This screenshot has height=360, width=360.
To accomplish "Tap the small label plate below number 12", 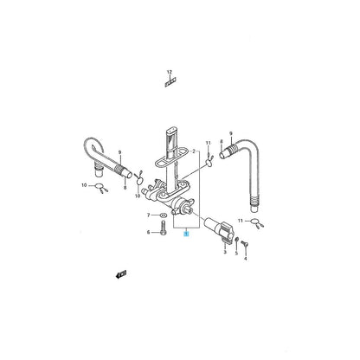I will pos(170,85).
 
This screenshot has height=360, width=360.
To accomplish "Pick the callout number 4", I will pos(246,257).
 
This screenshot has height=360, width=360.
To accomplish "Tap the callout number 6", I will pos(148,232).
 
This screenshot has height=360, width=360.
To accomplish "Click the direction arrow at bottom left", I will pos(120,299).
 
